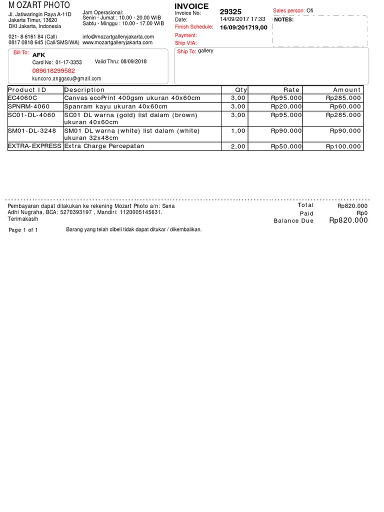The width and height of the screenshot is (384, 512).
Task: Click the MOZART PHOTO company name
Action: [39, 5]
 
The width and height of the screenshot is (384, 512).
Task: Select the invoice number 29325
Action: [230, 11]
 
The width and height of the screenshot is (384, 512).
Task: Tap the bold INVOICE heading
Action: [191, 6]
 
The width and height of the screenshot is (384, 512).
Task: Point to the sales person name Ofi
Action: [310, 10]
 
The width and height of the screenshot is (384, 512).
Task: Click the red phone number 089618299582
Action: [53, 71]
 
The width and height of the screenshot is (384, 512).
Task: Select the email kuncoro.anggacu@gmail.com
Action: [66, 78]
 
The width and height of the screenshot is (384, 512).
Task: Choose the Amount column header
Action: [346, 90]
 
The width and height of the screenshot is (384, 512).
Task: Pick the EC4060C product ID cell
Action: [22, 98]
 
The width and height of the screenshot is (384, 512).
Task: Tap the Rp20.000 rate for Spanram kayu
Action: [286, 106]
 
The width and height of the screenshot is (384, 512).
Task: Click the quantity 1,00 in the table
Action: [238, 131]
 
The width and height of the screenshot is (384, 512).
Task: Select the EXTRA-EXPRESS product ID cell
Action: [34, 146]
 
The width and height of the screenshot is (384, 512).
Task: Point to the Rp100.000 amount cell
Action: [343, 146]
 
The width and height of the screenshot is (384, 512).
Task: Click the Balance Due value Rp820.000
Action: [348, 220]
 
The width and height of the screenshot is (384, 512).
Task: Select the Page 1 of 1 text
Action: [23, 230]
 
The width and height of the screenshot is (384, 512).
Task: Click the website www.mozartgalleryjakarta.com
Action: [117, 42]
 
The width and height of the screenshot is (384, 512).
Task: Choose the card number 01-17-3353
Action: [68, 62]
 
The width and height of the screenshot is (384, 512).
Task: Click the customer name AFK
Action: [38, 54]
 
